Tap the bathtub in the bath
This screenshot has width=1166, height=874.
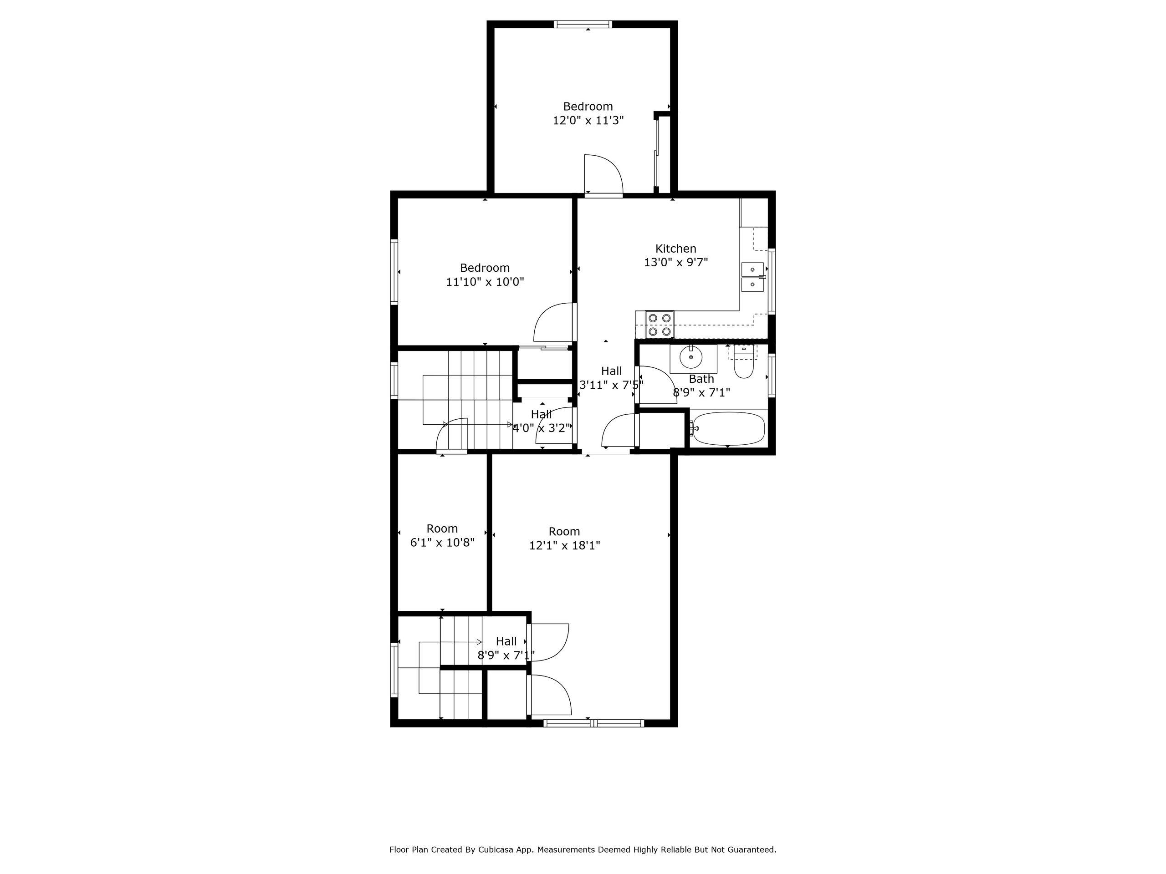(x=728, y=428)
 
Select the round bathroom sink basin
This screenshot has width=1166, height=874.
(x=690, y=358)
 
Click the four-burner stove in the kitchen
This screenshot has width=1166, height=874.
(x=660, y=325)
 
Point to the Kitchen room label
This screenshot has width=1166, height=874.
(x=676, y=249)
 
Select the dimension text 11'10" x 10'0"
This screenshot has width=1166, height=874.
(x=485, y=282)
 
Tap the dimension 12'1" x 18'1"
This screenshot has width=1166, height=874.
(x=564, y=545)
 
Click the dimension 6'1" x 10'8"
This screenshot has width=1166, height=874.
(x=442, y=542)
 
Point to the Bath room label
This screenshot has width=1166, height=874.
(x=701, y=379)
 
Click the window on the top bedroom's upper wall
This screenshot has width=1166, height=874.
(x=583, y=24)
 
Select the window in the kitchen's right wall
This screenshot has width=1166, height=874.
(x=772, y=281)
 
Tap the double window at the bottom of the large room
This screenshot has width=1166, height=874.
(x=593, y=723)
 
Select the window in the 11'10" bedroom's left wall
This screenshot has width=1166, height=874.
(x=394, y=272)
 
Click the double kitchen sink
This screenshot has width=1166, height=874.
(x=753, y=277)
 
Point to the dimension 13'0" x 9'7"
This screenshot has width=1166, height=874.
(x=676, y=262)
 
